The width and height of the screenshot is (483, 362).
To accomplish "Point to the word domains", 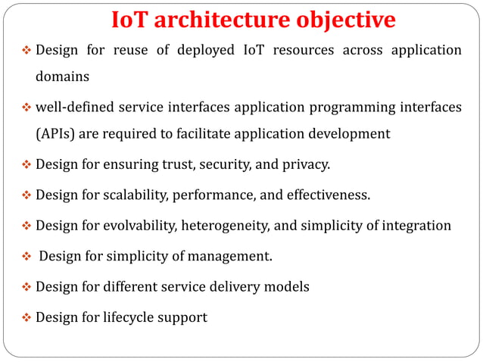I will pos(63,76).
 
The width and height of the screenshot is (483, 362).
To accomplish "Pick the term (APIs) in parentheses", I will pos(55,134).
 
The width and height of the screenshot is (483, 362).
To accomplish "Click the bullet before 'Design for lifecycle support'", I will pos(24,317).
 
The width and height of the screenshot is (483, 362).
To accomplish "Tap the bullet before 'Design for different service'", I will pos(24,287).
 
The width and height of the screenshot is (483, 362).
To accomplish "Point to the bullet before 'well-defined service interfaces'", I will pos(24,108).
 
